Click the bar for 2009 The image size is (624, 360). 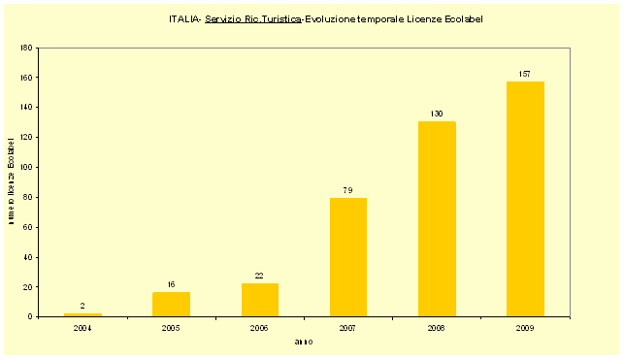click(x=525, y=199)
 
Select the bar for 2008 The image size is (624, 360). click(x=437, y=219)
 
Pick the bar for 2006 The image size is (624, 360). click(x=259, y=300)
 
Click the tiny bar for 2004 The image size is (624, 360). click(x=82, y=314)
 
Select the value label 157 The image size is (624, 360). click(x=525, y=75)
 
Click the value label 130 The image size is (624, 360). click(x=437, y=115)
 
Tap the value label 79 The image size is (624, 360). click(x=348, y=190)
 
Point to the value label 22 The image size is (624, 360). click(x=259, y=276)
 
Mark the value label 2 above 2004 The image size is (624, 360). click(x=82, y=306)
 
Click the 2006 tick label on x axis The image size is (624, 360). click(x=259, y=329)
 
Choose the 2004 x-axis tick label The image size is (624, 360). click(x=82, y=329)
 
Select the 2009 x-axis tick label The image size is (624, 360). click(x=525, y=329)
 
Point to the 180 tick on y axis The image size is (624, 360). click(x=27, y=48)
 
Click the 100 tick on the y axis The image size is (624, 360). click(x=27, y=167)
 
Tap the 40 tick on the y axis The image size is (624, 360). click(x=28, y=257)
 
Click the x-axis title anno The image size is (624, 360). click(x=304, y=342)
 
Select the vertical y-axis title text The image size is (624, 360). click(x=11, y=182)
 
